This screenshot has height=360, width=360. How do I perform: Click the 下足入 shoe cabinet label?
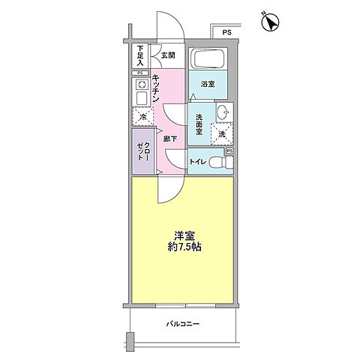(140, 55)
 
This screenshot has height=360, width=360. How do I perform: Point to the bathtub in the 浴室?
(210, 60)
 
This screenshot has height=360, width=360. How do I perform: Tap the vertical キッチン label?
(154, 88)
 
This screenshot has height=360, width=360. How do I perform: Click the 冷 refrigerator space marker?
(140, 116)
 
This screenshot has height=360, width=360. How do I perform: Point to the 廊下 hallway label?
(171, 139)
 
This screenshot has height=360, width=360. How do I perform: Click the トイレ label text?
(197, 162)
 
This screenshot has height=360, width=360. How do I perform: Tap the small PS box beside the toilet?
(229, 151)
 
